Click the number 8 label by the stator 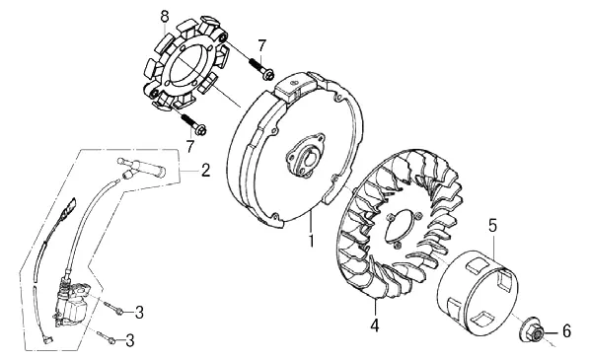point(165,17)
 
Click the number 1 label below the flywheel point(311,241)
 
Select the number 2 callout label point(205,170)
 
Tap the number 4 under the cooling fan point(375,325)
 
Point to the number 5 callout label point(492,226)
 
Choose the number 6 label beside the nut point(566,331)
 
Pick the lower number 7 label point(190,146)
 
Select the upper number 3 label point(139,312)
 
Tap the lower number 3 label point(129,340)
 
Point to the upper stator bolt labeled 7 point(261,69)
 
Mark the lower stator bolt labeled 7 point(193,125)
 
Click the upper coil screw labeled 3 point(113,308)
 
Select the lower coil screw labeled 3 point(107,336)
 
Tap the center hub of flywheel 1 point(305,154)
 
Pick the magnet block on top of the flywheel point(296,87)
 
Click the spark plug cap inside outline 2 point(141,167)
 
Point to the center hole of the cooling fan point(402,228)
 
